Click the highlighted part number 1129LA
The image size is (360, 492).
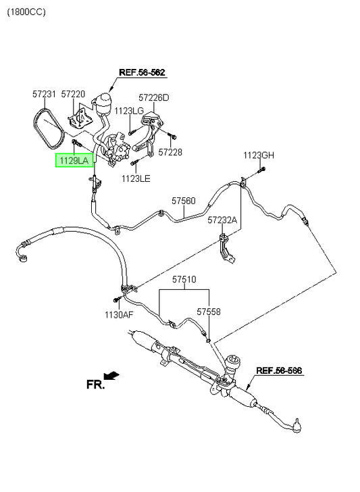(74, 161)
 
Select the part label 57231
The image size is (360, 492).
(44, 94)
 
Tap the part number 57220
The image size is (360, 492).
(73, 94)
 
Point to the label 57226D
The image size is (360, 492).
(154, 97)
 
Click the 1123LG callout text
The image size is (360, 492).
(129, 111)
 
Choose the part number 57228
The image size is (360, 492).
(170, 152)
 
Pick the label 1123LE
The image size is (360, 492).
(136, 178)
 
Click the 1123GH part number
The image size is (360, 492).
(259, 155)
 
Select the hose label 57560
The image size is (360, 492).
(184, 201)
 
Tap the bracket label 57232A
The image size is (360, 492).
(222, 220)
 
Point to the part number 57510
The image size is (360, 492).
(184, 279)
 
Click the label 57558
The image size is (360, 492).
(209, 312)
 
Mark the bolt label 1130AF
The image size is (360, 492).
(119, 314)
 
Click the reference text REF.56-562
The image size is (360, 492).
(142, 72)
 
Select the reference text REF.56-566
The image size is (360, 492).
(279, 370)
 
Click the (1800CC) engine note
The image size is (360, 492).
(26, 12)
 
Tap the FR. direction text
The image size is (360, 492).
(95, 385)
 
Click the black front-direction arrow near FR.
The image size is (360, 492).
(111, 376)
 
